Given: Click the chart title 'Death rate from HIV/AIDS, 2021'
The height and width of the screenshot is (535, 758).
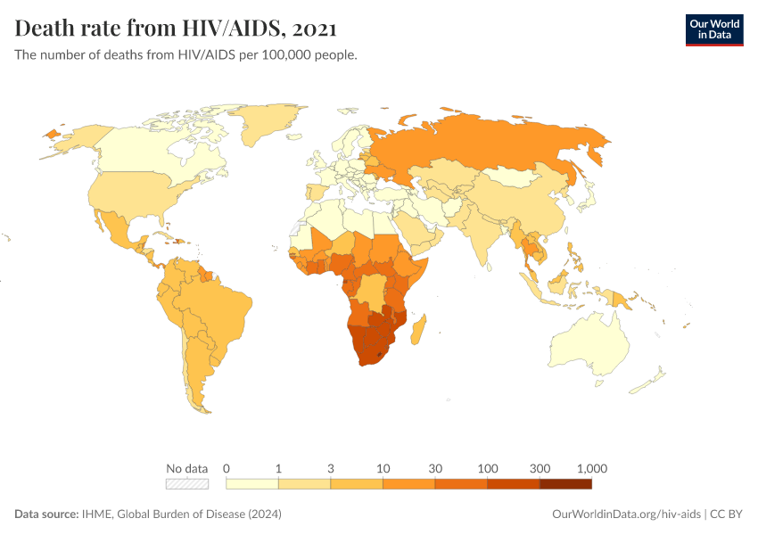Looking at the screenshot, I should tap(176, 29).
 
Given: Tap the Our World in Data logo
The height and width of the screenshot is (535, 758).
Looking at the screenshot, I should tap(713, 29).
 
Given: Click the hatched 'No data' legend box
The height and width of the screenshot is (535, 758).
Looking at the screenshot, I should tap(187, 484).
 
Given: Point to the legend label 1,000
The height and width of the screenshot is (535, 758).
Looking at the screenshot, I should tap(592, 468).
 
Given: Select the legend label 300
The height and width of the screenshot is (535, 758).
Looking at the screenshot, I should tap(540, 468).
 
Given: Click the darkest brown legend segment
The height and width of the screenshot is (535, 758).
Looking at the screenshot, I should tap(565, 484).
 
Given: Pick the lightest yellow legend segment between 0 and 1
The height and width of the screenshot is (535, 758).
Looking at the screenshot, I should tap(252, 484).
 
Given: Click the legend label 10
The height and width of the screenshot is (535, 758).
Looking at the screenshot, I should tap(383, 468).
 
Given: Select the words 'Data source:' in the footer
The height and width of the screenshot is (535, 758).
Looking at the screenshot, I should tap(45, 514).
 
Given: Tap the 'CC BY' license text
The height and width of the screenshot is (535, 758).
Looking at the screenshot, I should tap(727, 514).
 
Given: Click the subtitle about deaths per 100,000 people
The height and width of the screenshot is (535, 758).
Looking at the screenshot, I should tap(186, 55).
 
